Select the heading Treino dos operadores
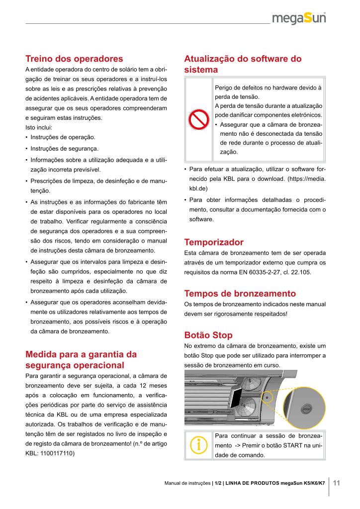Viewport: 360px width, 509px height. pos(74,59)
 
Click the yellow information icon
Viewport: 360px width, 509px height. pos(198,444)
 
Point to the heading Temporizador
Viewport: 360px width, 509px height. pos(214,243)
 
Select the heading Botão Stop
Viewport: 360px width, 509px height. pos(208,335)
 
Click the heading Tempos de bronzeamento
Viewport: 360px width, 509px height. pos(240,293)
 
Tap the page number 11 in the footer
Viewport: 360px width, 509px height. pos(336,483)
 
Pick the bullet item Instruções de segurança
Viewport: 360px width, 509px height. pos(64,149)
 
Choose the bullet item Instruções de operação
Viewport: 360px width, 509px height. pos(63,137)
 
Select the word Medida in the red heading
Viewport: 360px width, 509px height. pos(41,354)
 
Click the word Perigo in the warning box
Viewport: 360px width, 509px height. pos(224,87)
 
